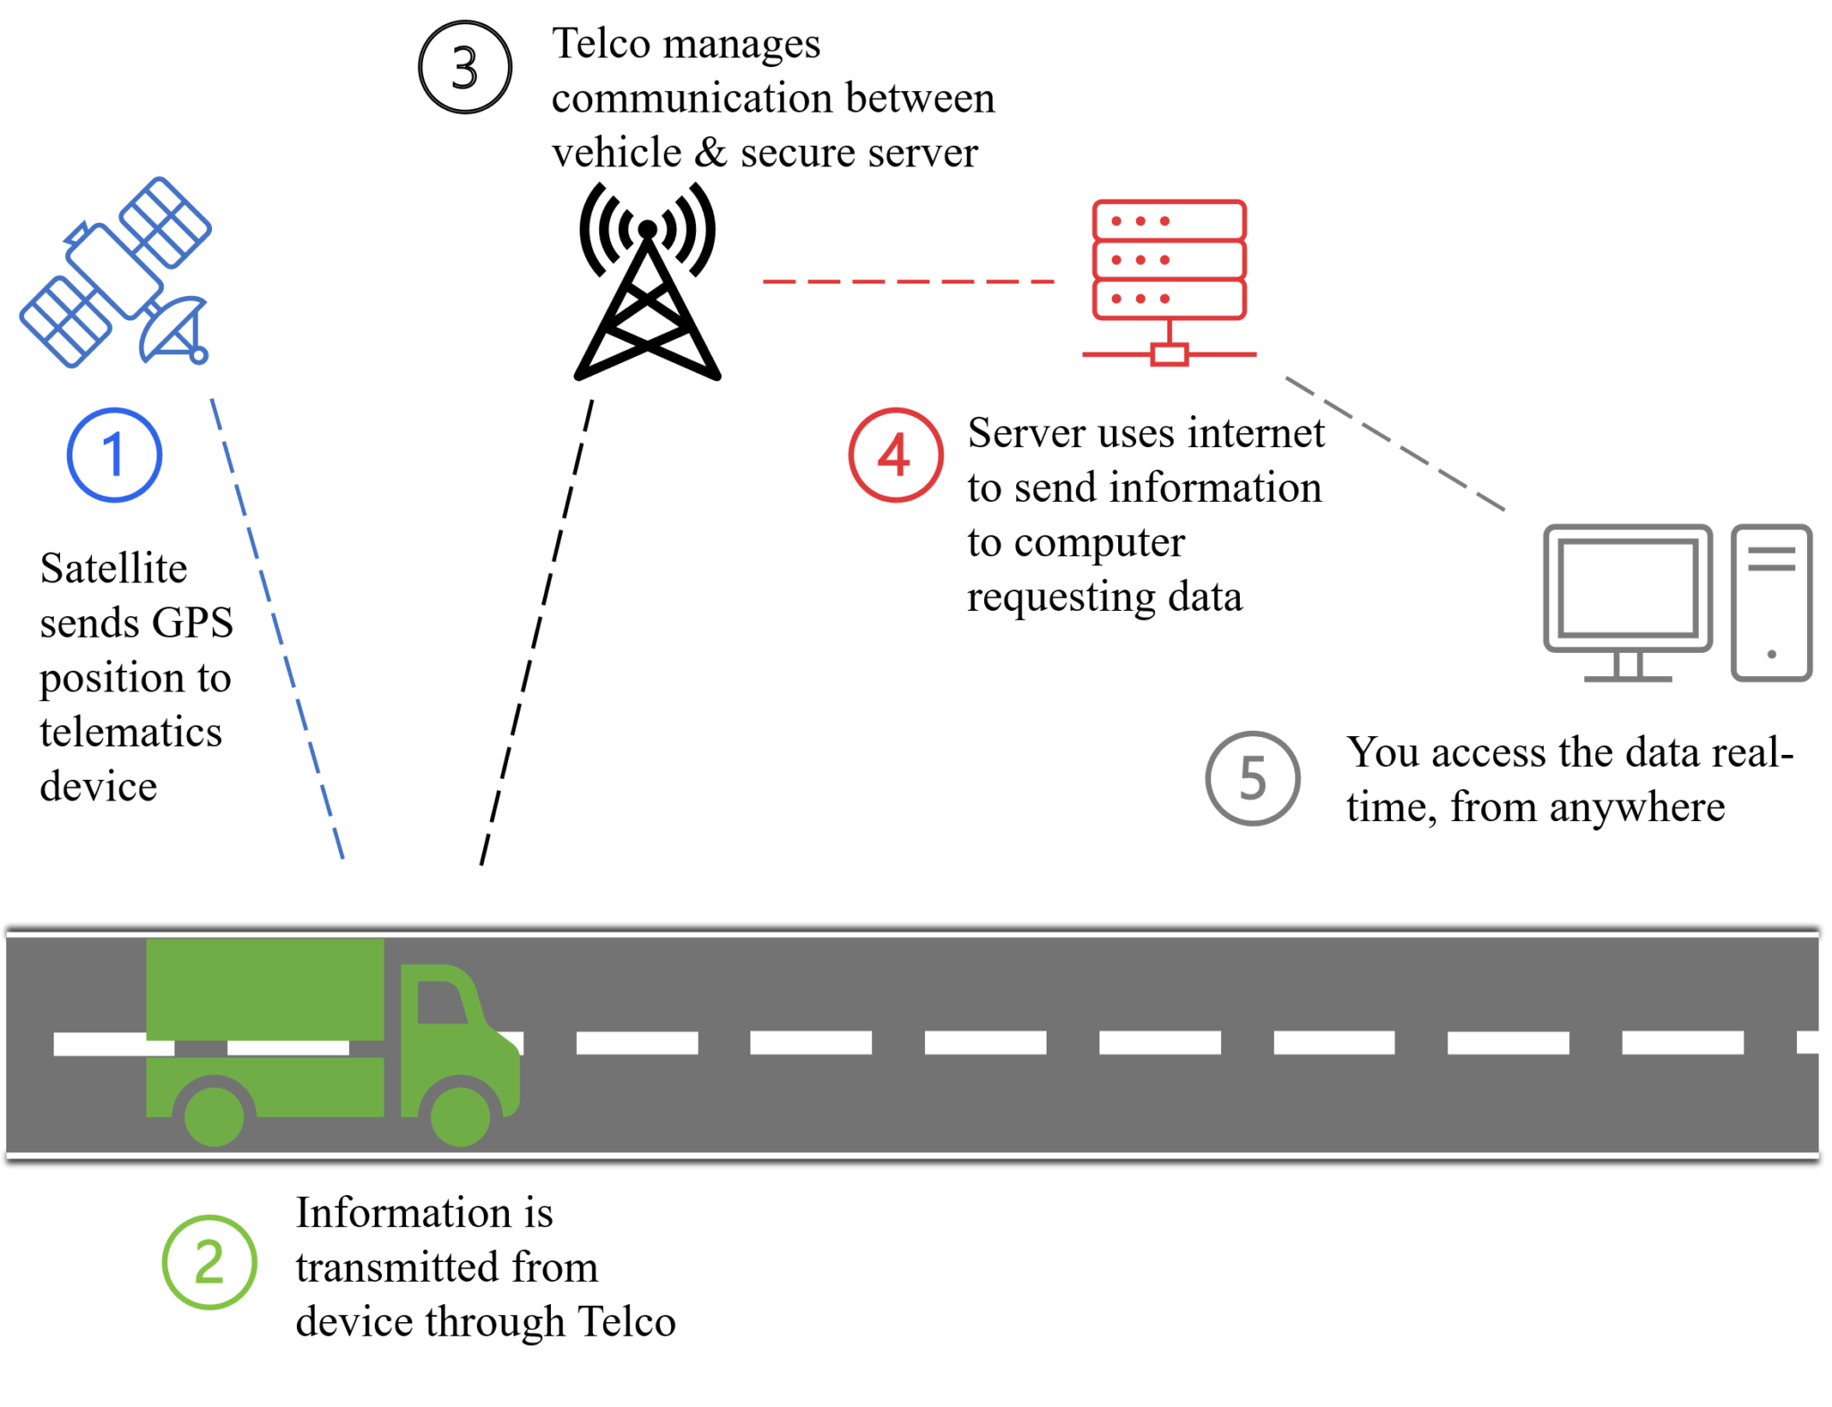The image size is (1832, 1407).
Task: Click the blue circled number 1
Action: (x=114, y=454)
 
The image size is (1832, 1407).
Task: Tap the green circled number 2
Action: (x=209, y=1262)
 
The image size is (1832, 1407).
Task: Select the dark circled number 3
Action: (x=465, y=67)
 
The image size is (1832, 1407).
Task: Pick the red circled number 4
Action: (x=895, y=454)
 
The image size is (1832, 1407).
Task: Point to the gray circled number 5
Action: (x=1252, y=778)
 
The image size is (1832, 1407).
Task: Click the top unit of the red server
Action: (x=1169, y=220)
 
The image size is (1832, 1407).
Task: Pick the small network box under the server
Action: (x=1169, y=355)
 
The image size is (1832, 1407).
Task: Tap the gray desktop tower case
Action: (x=1771, y=604)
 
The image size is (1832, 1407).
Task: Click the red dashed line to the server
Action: (x=908, y=282)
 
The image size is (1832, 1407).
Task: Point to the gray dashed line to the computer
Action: (x=1395, y=444)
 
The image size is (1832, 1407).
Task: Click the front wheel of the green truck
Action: (x=460, y=1115)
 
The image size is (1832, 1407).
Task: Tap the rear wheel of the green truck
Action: (x=214, y=1116)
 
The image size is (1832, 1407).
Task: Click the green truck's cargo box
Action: (x=265, y=988)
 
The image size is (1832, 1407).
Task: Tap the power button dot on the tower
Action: (x=1771, y=655)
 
